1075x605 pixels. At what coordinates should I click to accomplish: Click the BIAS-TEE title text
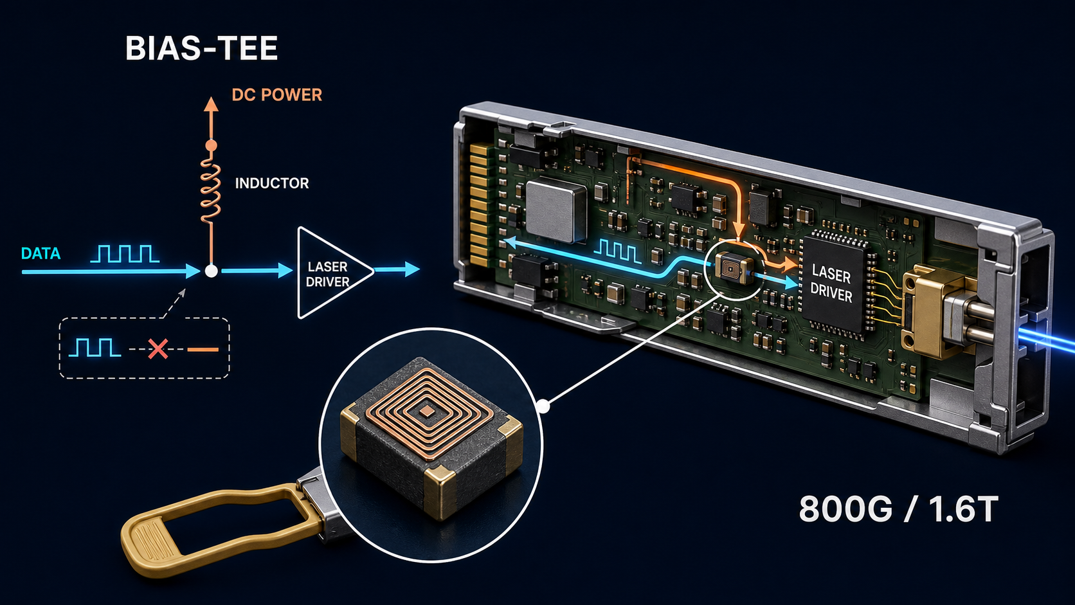(202, 48)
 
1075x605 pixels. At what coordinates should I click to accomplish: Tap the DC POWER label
(277, 95)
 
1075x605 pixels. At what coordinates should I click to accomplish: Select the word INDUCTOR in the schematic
(271, 183)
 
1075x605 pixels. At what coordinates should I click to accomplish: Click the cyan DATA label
(41, 253)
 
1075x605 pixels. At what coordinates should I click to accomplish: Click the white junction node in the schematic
(211, 271)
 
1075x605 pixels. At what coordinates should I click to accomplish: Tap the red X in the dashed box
(158, 349)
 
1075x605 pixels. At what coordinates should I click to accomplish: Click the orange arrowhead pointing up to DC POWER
(211, 104)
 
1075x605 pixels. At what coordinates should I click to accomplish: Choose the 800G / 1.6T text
(898, 509)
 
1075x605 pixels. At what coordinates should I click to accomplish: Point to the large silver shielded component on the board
(556, 210)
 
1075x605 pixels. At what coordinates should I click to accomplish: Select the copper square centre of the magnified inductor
(426, 411)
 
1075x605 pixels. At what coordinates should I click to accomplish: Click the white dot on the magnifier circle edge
(543, 407)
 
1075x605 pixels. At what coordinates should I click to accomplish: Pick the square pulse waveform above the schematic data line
(125, 254)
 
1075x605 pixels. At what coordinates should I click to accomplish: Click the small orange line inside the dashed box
(203, 350)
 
